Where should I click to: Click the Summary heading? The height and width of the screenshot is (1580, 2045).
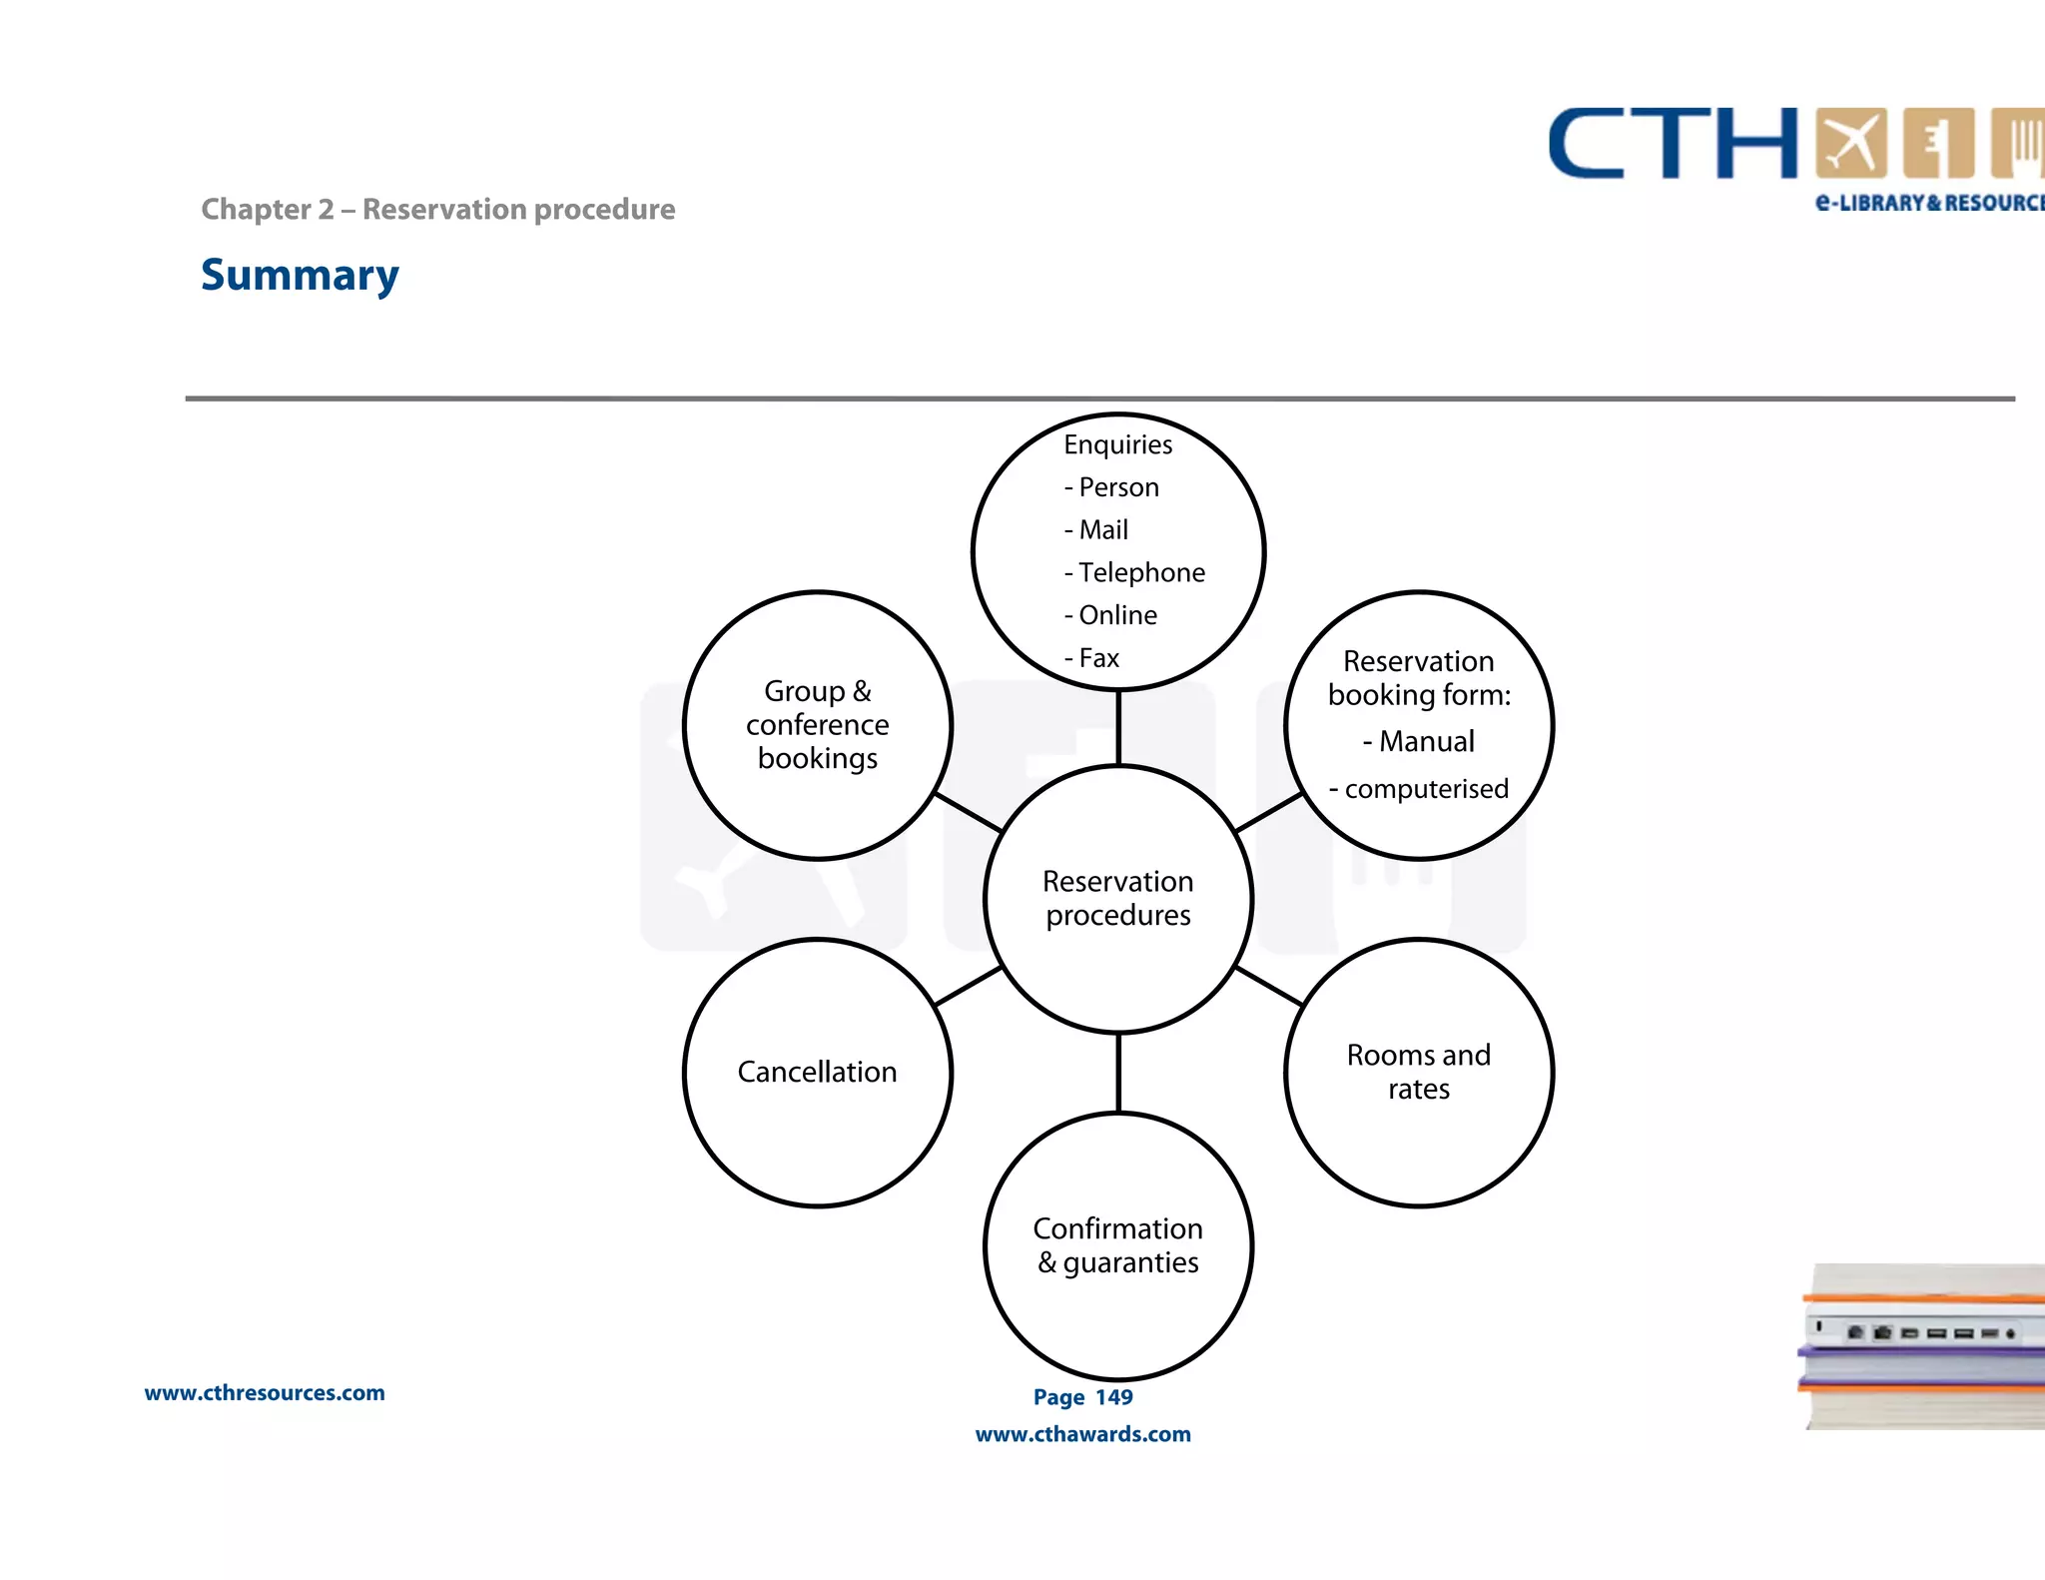300,275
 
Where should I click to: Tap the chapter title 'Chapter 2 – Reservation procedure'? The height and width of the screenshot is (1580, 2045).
437,210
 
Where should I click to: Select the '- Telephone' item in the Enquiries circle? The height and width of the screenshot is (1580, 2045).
1135,572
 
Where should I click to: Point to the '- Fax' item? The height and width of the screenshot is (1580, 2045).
1092,658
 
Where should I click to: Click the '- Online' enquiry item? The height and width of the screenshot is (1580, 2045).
1111,615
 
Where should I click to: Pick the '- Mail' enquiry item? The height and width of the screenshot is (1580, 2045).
1096,529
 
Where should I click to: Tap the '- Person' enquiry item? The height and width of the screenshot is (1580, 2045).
1112,487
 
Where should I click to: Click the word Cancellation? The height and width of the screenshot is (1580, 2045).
817,1072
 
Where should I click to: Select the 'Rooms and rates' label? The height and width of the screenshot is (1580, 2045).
1418,1072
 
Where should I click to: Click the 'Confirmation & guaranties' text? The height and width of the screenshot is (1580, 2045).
1117,1245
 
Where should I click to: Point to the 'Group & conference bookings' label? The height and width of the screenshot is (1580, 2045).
817,724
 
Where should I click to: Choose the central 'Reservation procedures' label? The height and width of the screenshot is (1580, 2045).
1117,898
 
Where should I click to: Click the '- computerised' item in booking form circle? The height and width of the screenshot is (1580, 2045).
1419,789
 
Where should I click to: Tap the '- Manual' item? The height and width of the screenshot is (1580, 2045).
1419,741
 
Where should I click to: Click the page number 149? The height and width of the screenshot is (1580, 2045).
1113,1397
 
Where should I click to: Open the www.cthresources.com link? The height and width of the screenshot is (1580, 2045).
265,1393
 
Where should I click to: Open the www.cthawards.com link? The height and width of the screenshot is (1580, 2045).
1082,1434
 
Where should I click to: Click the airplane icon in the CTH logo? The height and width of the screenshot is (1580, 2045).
1850,144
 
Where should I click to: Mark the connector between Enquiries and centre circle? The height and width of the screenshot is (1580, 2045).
1118,727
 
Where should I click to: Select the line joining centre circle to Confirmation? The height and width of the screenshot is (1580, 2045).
1118,1073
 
